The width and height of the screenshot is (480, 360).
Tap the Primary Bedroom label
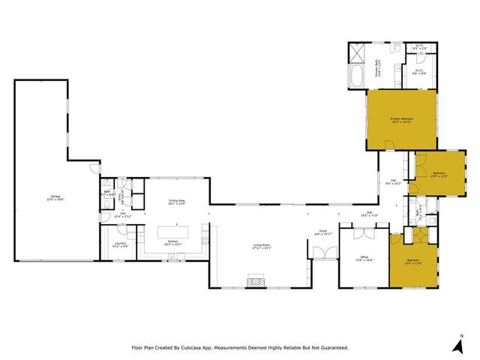pos(401,120)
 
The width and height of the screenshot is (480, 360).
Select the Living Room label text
pos(261,245)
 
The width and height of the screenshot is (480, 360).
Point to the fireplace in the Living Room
pos(256,282)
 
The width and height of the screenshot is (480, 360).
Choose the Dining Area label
pos(176,202)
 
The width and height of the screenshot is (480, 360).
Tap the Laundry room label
pos(120,244)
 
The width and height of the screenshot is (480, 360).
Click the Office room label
pos(364,259)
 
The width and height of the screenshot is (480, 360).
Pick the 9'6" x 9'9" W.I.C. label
pos(418,73)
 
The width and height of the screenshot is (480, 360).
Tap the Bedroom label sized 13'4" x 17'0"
pos(412,262)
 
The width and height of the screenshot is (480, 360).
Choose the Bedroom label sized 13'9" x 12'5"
pos(439,175)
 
